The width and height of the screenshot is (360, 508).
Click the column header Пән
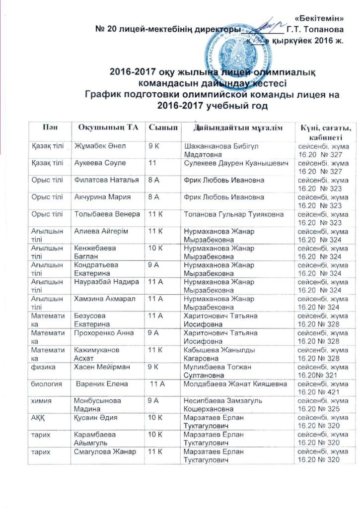(49, 128)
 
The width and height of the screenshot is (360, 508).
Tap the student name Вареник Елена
(102, 384)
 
